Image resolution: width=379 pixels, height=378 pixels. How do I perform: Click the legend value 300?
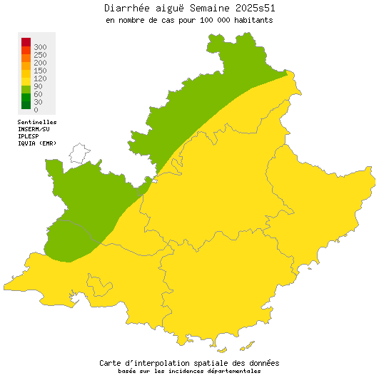[x=40, y=47]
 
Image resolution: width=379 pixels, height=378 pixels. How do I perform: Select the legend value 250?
[x=40, y=55]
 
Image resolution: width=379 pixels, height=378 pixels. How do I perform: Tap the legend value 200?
[x=40, y=63]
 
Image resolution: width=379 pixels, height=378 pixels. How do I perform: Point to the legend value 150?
[x=40, y=71]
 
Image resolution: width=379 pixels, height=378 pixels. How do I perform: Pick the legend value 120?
[x=40, y=78]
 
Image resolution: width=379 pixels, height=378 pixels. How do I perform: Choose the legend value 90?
[x=38, y=86]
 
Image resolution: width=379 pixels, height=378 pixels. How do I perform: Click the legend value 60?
[x=38, y=94]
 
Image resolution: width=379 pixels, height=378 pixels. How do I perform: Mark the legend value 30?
[x=38, y=102]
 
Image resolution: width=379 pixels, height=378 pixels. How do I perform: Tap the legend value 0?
[x=36, y=110]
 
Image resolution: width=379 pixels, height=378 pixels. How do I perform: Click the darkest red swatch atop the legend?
[x=26, y=41]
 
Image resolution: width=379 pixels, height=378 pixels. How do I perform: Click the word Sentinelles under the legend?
[x=37, y=122]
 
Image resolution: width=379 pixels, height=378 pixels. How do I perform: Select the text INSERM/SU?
[x=34, y=129]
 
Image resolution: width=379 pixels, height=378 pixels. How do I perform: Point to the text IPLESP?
[x=29, y=136]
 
